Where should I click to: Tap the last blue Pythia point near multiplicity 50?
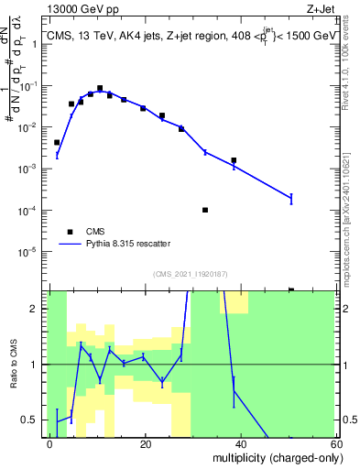click(291, 198)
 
